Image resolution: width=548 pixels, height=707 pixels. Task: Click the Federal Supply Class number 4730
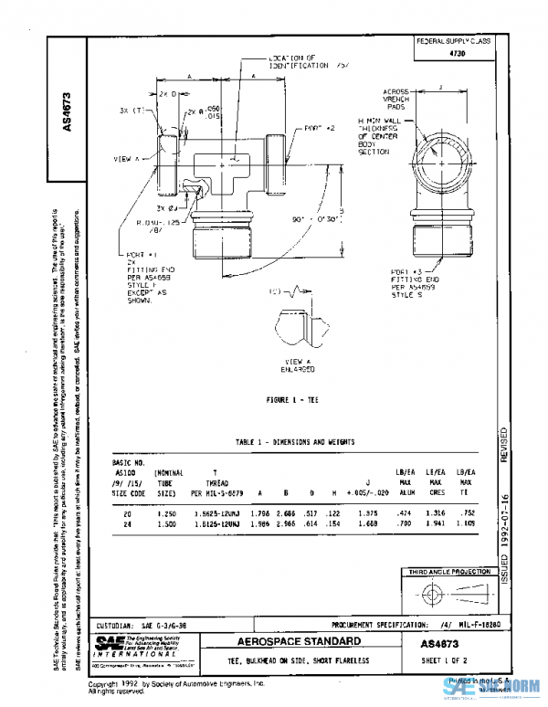pos(453,54)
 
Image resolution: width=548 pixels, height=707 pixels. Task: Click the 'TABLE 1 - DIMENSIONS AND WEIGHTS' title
pos(295,442)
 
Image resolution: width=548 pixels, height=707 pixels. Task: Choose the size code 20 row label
pos(125,514)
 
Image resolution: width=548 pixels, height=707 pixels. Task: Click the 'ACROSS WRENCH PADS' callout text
pos(399,100)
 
